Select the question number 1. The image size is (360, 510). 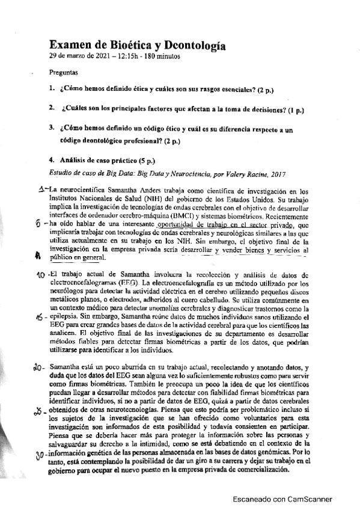click(52, 90)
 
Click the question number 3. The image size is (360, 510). click(52, 128)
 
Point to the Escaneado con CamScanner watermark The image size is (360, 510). click(285, 499)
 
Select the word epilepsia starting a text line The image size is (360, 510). click(64, 317)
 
